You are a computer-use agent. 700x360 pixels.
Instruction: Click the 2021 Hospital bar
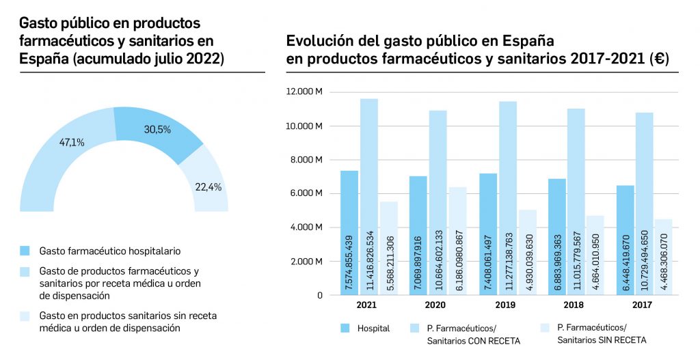click(349, 232)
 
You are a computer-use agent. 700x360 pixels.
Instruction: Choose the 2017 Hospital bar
click(625, 240)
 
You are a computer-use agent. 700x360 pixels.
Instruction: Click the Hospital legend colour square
click(345, 329)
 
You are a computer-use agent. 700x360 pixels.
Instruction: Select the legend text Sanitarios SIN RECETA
click(602, 340)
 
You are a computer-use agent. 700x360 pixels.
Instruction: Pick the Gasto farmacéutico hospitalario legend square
click(25, 251)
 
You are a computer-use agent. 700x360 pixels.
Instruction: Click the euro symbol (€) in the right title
click(661, 60)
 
